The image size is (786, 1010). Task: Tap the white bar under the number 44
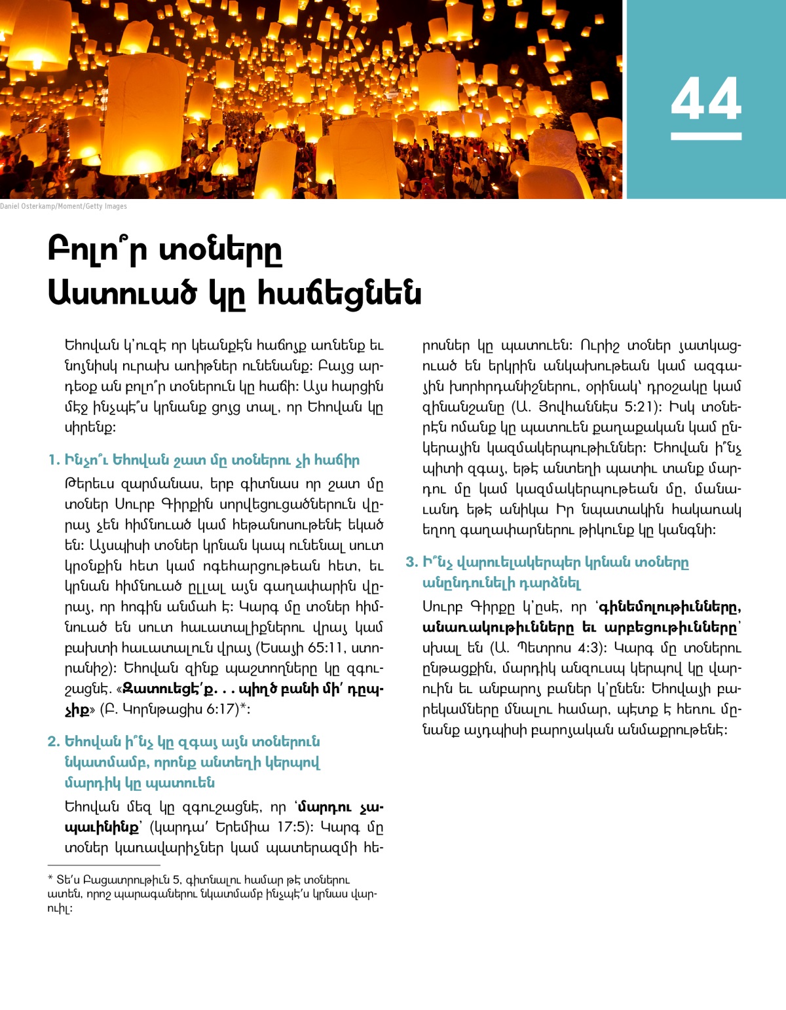(x=705, y=136)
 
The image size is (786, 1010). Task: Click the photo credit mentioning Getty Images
(x=64, y=206)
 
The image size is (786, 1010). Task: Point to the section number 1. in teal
(x=54, y=460)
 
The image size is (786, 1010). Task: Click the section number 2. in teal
(x=54, y=742)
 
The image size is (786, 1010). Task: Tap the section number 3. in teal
(x=411, y=562)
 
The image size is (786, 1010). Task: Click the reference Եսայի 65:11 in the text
(x=301, y=648)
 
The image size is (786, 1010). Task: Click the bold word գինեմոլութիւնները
(x=669, y=607)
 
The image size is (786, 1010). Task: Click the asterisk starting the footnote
(x=50, y=879)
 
